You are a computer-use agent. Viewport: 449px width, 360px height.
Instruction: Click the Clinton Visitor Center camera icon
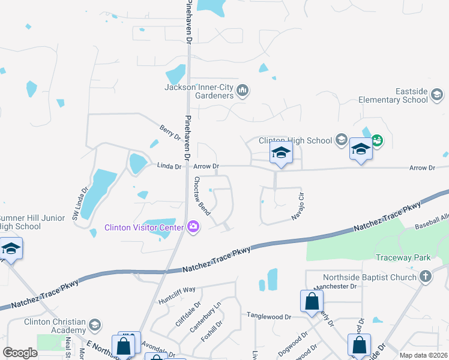(193, 226)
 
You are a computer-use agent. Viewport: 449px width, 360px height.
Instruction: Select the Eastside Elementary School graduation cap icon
(437, 94)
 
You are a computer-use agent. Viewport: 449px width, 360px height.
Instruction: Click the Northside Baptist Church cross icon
(426, 277)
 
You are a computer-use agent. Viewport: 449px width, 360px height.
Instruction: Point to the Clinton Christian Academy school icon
(94, 325)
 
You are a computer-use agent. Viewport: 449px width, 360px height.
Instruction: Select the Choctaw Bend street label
(200, 193)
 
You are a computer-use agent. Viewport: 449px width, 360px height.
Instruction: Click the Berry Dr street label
(170, 133)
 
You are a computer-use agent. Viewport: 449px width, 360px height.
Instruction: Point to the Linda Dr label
(169, 166)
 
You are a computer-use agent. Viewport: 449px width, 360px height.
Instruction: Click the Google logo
(20, 353)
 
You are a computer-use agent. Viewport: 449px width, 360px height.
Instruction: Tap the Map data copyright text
(424, 355)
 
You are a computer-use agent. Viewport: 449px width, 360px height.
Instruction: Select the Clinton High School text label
(295, 140)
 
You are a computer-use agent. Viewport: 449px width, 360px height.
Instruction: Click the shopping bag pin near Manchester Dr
(312, 301)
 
